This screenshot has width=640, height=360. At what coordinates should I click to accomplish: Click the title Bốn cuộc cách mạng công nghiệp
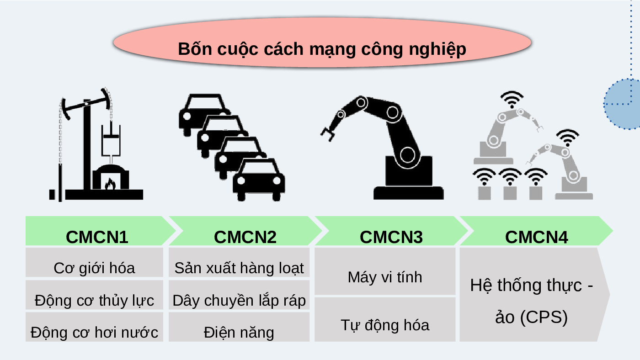(x=322, y=48)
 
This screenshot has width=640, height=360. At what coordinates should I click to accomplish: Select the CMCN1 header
(x=97, y=237)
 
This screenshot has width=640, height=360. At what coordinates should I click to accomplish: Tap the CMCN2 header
(x=245, y=237)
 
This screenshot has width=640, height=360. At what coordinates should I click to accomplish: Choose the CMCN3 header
(x=391, y=237)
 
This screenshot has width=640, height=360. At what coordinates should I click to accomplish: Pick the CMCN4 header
(x=536, y=237)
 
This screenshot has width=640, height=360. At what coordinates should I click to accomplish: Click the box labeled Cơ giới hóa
(x=94, y=268)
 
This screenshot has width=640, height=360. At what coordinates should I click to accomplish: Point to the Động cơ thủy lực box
(x=94, y=300)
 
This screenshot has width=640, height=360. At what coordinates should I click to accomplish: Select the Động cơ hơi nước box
(x=94, y=332)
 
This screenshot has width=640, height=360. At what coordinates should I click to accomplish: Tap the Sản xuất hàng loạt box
(x=239, y=268)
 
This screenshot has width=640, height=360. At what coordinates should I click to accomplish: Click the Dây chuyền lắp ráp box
(x=239, y=300)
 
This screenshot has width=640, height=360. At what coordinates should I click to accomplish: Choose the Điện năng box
(x=239, y=332)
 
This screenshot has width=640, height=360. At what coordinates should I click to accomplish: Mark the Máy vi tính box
(x=385, y=277)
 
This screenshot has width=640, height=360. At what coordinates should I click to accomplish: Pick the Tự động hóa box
(x=385, y=325)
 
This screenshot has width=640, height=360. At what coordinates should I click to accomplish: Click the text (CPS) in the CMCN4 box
(x=544, y=317)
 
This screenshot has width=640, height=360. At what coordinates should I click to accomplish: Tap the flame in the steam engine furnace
(x=110, y=184)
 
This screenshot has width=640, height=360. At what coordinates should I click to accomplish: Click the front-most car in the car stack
(x=259, y=180)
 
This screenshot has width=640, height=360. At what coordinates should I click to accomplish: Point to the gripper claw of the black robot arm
(x=328, y=133)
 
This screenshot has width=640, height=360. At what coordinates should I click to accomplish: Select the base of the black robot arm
(x=408, y=192)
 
